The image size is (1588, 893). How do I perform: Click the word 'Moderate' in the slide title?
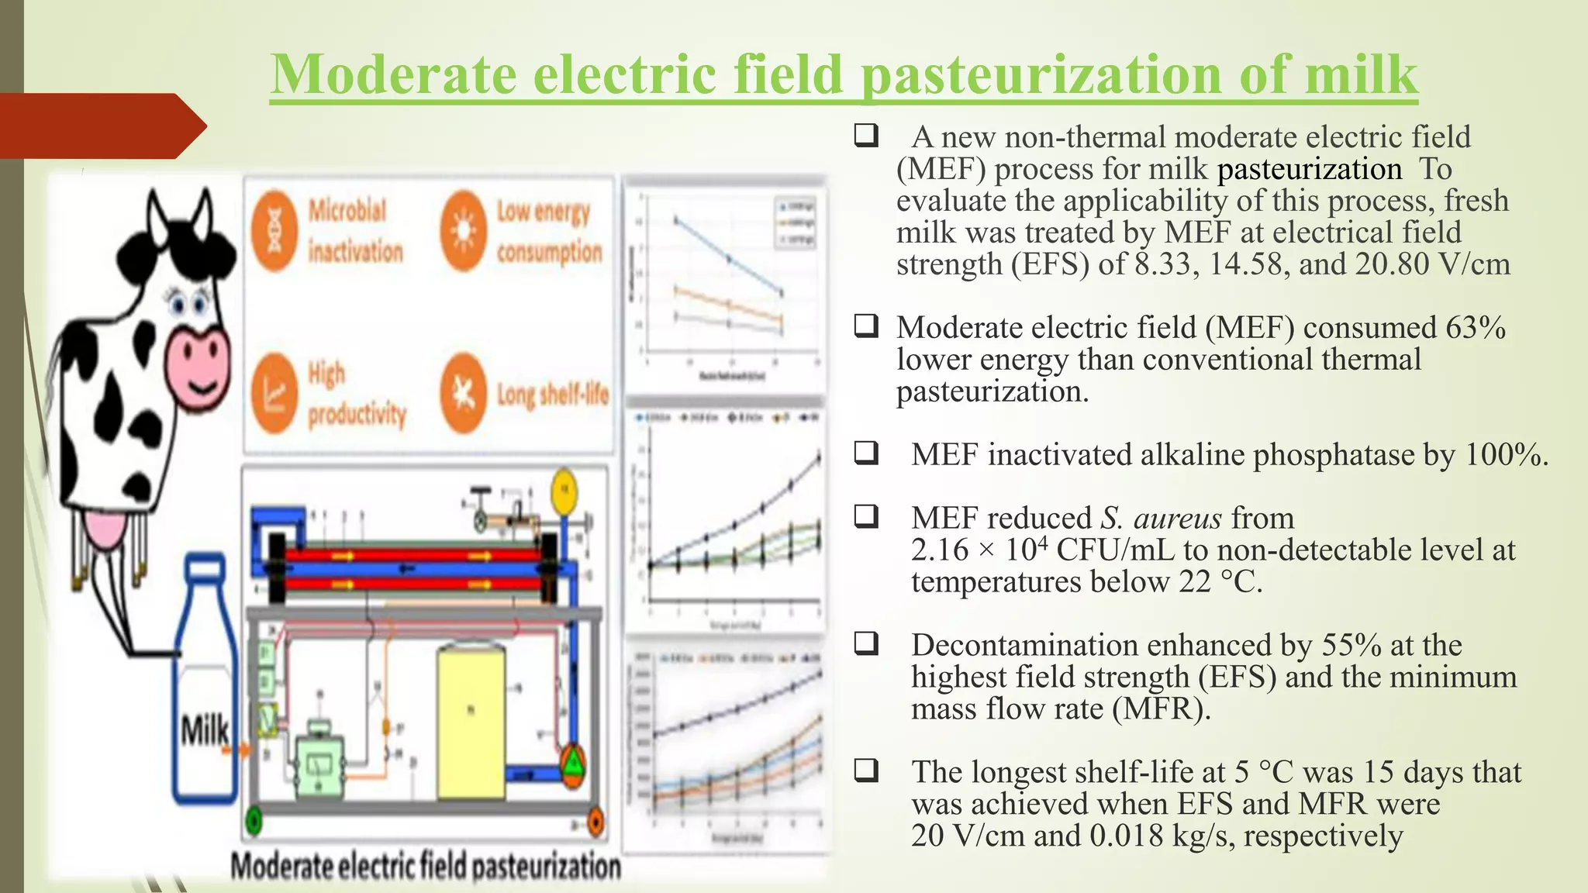[x=394, y=75]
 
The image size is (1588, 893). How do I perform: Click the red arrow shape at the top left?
[x=101, y=126]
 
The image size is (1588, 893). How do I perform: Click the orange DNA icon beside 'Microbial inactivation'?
[x=274, y=230]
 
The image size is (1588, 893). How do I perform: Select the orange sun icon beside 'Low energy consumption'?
[x=463, y=230]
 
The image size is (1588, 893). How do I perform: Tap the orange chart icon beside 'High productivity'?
[x=274, y=393]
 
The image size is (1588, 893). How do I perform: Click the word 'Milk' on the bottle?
[x=205, y=730]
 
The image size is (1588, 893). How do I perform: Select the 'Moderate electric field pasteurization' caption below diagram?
[x=426, y=866]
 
